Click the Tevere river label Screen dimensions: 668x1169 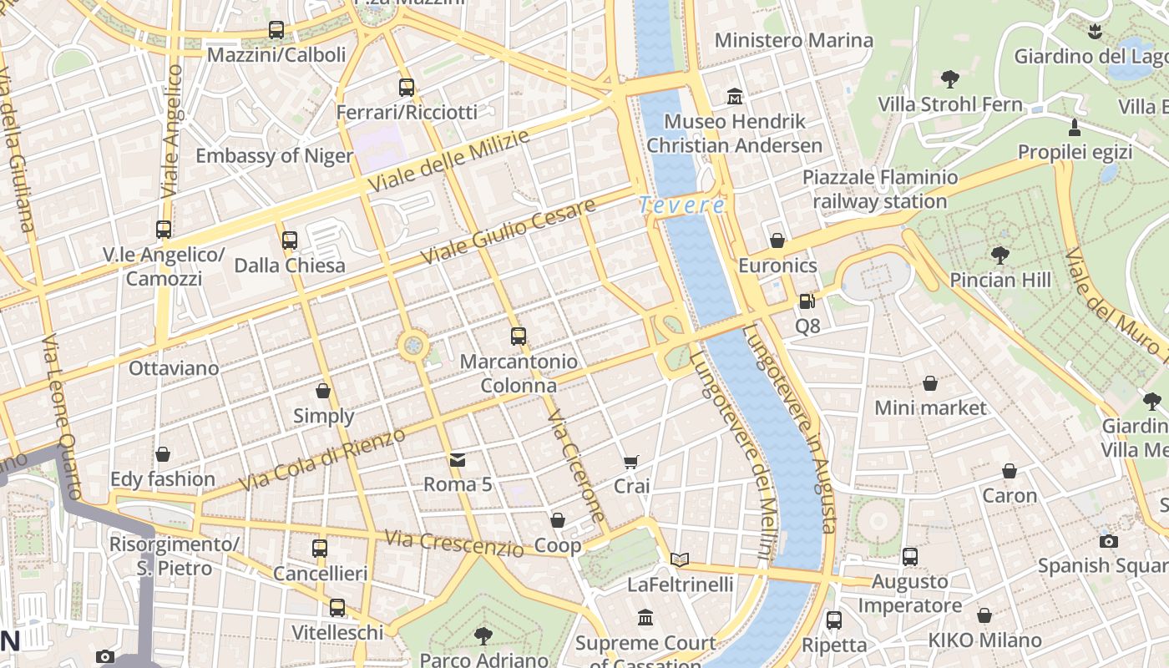tap(682, 205)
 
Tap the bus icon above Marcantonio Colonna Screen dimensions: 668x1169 tap(519, 337)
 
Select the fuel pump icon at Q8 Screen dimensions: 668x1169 tap(807, 301)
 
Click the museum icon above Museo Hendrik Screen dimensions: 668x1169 tap(735, 97)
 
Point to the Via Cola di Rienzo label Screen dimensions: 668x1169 tap(322, 459)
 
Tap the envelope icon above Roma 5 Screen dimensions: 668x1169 tap(458, 460)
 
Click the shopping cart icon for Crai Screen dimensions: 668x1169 tap(631, 462)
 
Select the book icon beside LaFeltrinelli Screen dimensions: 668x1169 tap(681, 559)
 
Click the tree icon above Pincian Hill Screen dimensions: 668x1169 tap(999, 256)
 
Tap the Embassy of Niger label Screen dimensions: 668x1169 tap(274, 156)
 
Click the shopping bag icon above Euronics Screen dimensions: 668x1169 tap(777, 241)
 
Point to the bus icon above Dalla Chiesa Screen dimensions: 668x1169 tap(290, 240)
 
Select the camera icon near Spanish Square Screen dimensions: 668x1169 tap(1108, 541)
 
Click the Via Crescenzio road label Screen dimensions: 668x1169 tap(453, 543)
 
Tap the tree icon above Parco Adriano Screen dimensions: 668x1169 tap(483, 636)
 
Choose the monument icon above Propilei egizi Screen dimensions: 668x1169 tap(1075, 128)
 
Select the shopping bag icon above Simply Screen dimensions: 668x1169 tap(323, 391)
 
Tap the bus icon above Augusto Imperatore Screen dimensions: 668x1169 tap(909, 556)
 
